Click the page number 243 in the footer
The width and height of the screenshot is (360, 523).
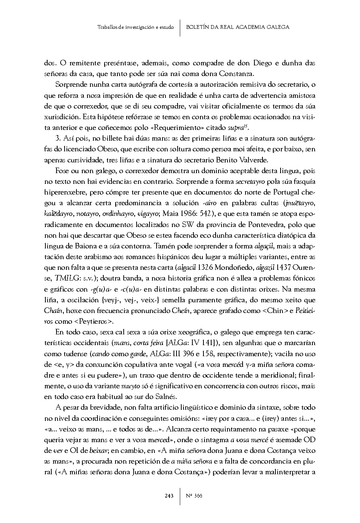169,496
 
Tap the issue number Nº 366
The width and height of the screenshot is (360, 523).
193,496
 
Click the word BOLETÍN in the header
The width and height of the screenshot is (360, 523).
199,27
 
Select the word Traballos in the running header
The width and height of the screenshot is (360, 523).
108,27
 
